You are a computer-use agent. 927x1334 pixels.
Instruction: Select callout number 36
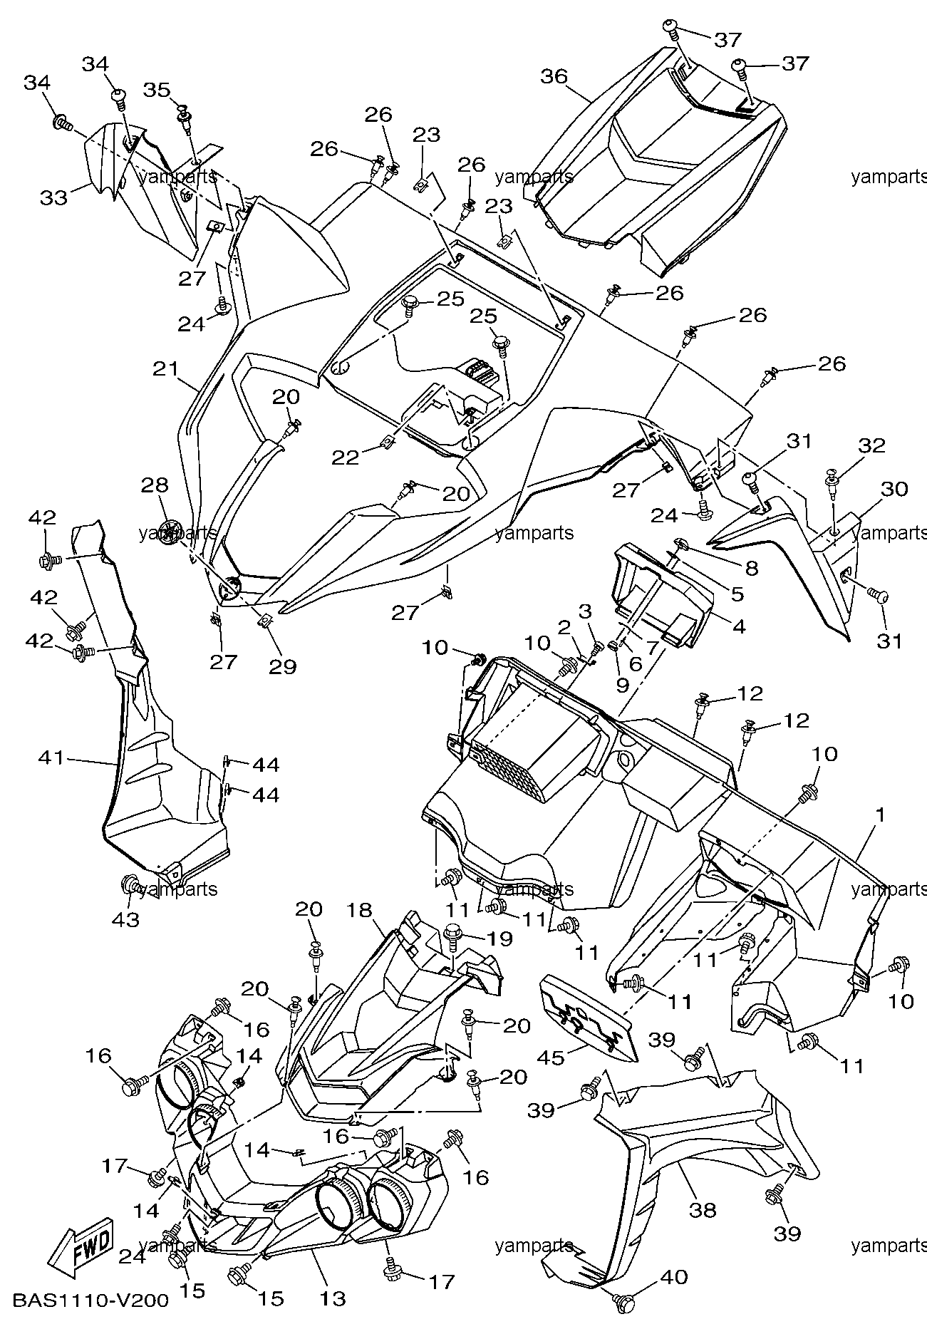[554, 76]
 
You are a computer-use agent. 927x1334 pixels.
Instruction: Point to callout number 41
[51, 758]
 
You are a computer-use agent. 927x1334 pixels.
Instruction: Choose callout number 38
[703, 1209]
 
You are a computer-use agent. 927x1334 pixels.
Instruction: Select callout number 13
[332, 1298]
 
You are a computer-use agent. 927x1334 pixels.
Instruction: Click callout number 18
[361, 910]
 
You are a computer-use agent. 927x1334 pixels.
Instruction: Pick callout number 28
[155, 485]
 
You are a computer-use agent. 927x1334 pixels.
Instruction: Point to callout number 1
[880, 815]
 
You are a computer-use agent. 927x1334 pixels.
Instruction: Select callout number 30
[894, 489]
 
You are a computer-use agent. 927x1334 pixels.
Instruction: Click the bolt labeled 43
[130, 886]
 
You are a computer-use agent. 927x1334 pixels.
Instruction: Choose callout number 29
[282, 666]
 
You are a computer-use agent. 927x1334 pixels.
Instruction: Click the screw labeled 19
[452, 931]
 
